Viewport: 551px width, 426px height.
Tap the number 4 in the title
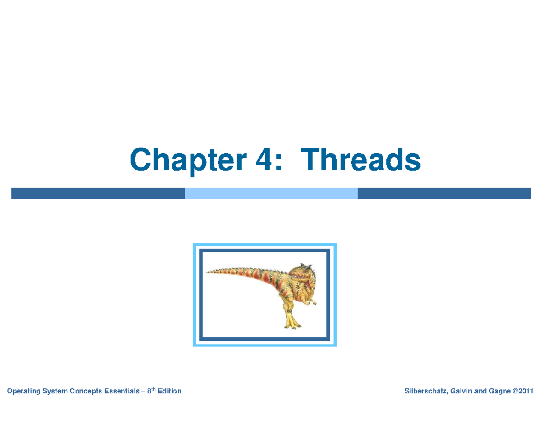(264, 159)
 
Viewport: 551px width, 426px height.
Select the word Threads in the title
(360, 159)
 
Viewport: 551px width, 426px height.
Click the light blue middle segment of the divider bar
(271, 193)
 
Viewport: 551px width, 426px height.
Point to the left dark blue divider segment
(98, 193)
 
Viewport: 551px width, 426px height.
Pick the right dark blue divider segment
(444, 193)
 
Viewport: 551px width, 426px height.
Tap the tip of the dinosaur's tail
(206, 273)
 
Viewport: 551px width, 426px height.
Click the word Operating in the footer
(23, 392)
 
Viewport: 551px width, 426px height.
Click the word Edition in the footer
(169, 391)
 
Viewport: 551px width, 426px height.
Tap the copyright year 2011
(526, 391)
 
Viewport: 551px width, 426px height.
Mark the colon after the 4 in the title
(278, 162)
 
